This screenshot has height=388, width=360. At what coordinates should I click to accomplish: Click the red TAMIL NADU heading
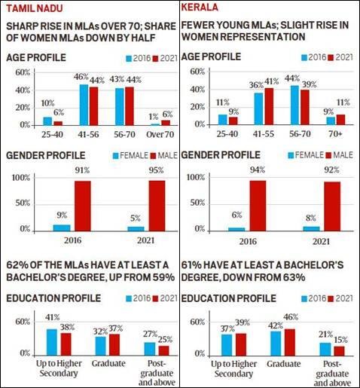point(35,8)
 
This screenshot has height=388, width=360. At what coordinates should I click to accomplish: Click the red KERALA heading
point(200,8)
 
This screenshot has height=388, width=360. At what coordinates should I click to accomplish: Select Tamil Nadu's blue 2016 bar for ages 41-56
point(84,105)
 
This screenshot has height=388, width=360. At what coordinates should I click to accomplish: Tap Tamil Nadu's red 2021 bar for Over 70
point(166,123)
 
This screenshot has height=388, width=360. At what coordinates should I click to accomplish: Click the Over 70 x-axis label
point(160,134)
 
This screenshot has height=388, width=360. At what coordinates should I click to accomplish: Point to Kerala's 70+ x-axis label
point(336,134)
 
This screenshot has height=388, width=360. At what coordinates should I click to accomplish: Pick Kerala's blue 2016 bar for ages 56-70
point(295,105)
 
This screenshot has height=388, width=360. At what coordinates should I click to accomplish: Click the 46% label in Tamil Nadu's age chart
point(81,77)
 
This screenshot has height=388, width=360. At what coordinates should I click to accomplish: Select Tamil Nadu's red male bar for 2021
point(157,206)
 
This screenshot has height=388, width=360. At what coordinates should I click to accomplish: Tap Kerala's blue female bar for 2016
point(236,229)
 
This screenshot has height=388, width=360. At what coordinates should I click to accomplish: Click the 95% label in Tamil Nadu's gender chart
point(156,170)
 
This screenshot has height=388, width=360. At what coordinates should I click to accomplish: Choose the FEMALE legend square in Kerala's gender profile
point(291,156)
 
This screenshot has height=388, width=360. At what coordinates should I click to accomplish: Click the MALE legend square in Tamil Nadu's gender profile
point(153,156)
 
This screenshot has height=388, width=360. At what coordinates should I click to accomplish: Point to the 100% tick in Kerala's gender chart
point(196,177)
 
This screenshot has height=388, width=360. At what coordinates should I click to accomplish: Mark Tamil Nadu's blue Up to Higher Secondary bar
point(52,342)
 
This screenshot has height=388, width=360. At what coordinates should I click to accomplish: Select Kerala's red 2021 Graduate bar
point(290,342)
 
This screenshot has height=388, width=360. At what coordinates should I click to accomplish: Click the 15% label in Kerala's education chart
point(340,340)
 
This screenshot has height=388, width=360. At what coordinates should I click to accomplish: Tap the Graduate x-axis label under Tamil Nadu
point(108,363)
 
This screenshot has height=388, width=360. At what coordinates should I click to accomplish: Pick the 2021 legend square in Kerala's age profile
point(331,58)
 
